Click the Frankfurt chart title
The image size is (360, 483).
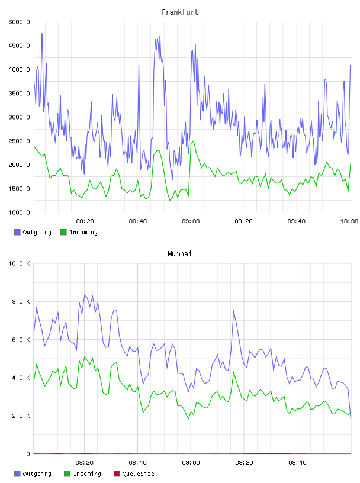[x=180, y=12]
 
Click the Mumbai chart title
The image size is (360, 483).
[x=179, y=254]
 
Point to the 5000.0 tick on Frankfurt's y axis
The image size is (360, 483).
[x=19, y=22]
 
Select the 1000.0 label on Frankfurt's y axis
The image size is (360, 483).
[x=19, y=212]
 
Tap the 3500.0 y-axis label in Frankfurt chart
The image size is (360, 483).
[x=19, y=94]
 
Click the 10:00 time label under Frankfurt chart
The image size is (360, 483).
[x=349, y=221]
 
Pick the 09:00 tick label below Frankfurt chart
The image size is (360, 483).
[x=191, y=221]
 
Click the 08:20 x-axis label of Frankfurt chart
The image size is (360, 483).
[x=85, y=221]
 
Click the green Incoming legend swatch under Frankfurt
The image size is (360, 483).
[x=63, y=232]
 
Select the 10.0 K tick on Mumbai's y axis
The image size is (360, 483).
[x=19, y=263]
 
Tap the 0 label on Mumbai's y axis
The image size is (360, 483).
[x=28, y=454]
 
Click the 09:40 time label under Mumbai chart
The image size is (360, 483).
[x=297, y=463]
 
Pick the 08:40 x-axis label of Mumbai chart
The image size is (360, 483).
[x=138, y=463]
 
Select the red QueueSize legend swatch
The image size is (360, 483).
[x=117, y=474]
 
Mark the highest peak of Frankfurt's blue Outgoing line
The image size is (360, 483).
[x=42, y=34]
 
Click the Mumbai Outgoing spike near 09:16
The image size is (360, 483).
[x=234, y=311]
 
